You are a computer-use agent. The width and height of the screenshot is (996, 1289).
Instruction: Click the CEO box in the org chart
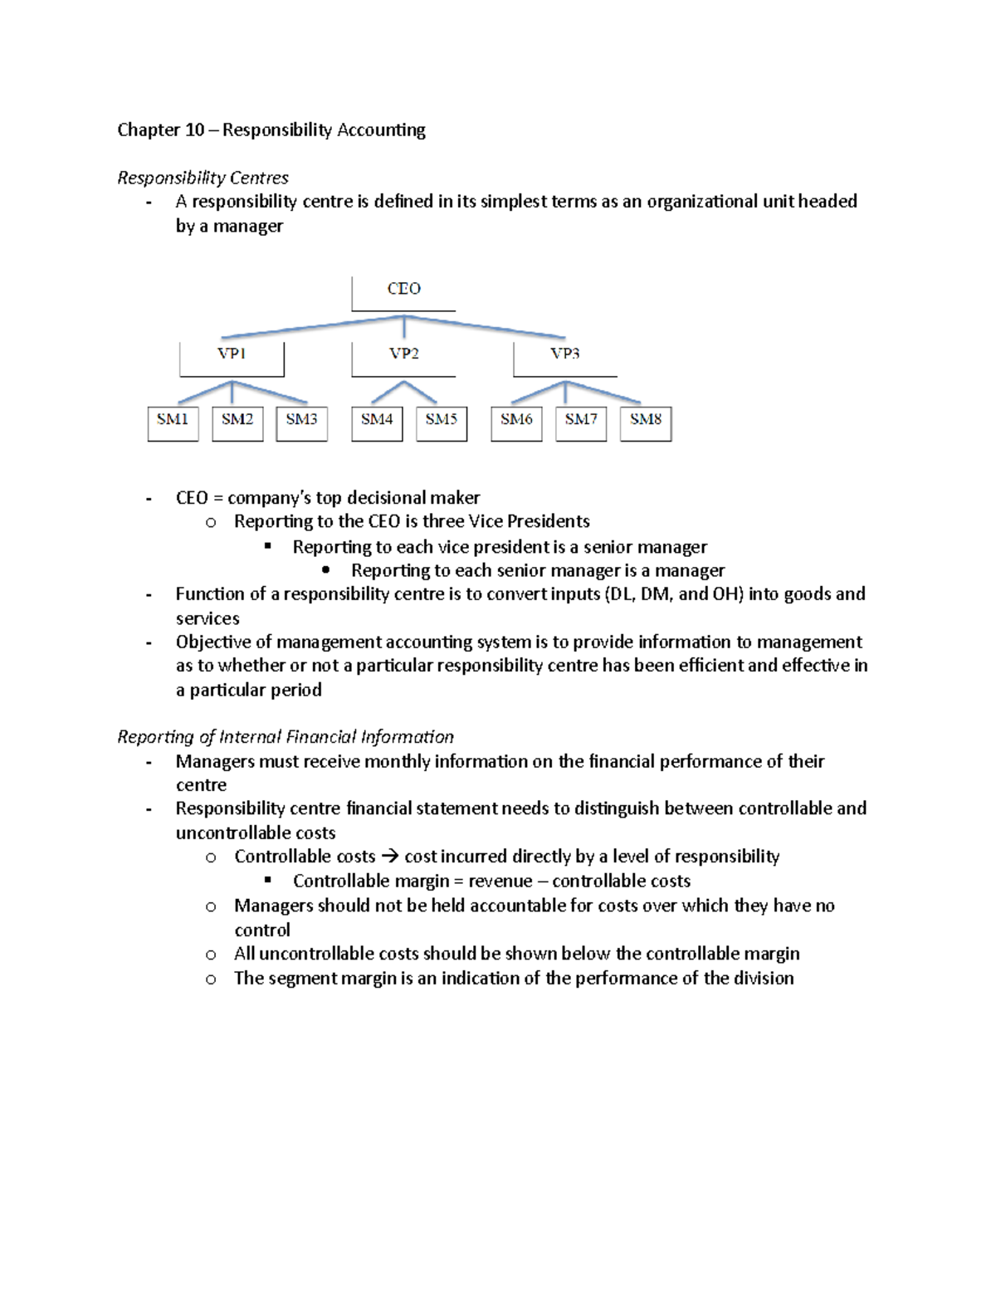tap(403, 292)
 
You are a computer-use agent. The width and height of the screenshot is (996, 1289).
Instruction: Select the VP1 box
tap(232, 358)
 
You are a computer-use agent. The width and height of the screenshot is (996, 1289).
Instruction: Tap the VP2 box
tap(403, 358)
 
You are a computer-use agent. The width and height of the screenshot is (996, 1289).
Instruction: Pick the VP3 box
tap(565, 358)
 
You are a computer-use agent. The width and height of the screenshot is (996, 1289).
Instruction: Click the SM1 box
tap(173, 422)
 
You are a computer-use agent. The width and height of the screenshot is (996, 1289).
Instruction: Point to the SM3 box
tap(301, 422)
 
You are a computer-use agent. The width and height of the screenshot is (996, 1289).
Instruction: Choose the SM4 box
tap(377, 422)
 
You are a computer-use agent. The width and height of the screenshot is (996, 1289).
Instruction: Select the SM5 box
tap(442, 422)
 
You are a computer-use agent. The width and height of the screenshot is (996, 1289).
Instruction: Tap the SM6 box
tap(516, 422)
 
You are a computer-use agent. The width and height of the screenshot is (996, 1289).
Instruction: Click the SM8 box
tap(646, 422)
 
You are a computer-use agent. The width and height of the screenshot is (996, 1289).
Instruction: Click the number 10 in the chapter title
tap(194, 130)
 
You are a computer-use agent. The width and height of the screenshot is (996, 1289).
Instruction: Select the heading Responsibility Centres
tap(203, 178)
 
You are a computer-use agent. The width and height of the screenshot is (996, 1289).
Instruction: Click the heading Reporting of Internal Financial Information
tap(286, 737)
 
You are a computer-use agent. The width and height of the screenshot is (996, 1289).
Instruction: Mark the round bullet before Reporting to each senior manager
tap(325, 570)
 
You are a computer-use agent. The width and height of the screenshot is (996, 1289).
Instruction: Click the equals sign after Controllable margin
tap(458, 881)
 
